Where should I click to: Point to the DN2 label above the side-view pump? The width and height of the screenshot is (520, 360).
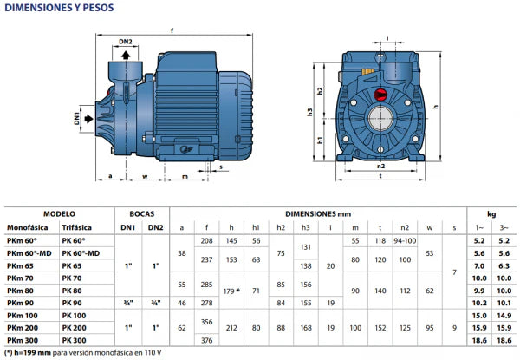tap(127, 41)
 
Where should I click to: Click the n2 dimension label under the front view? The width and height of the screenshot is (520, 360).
tap(380, 163)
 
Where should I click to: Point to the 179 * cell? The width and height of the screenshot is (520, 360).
tap(232, 290)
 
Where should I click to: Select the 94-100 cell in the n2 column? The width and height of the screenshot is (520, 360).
tap(404, 239)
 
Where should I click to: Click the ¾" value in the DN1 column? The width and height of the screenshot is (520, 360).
tap(128, 303)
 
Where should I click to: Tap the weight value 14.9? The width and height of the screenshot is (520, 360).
tap(504, 315)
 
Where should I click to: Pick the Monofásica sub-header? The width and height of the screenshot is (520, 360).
tap(29, 226)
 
